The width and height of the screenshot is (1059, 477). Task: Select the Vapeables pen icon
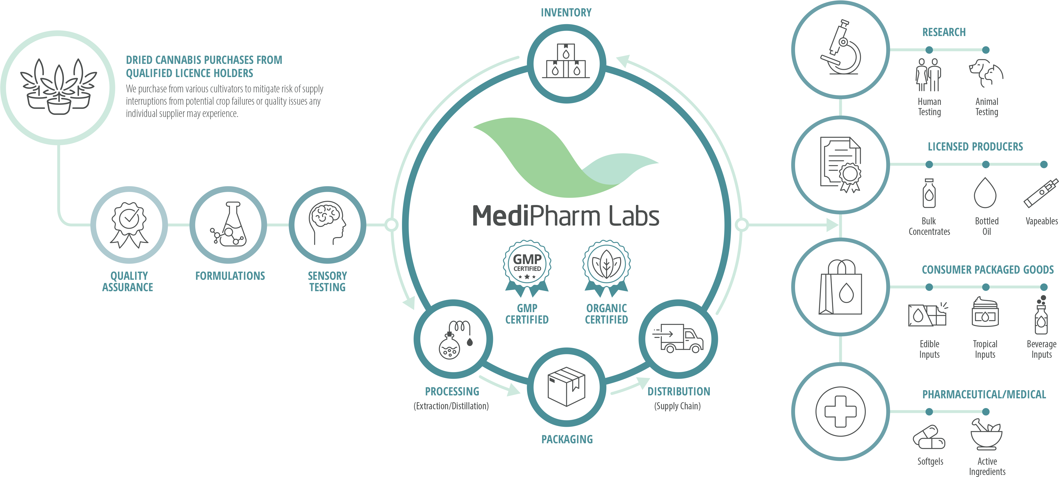click(x=1041, y=193)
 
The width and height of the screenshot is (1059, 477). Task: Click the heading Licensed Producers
click(x=975, y=147)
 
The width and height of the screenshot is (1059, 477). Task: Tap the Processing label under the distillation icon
click(x=452, y=391)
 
